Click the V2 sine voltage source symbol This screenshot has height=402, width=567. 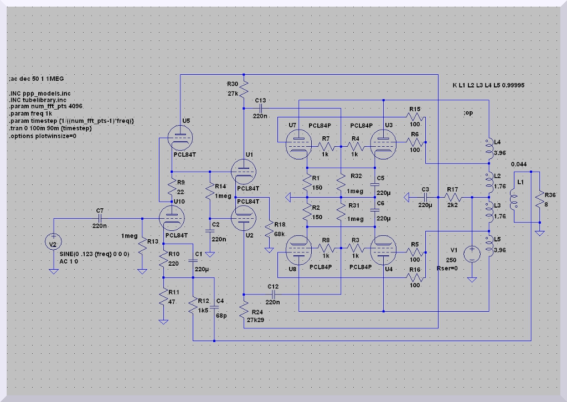click(x=54, y=242)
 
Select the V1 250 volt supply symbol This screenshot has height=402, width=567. click(x=472, y=254)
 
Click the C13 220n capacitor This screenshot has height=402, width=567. click(x=260, y=108)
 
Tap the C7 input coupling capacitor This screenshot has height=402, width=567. click(x=100, y=219)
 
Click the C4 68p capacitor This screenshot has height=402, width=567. click(x=214, y=307)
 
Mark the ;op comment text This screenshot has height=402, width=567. click(x=468, y=113)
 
